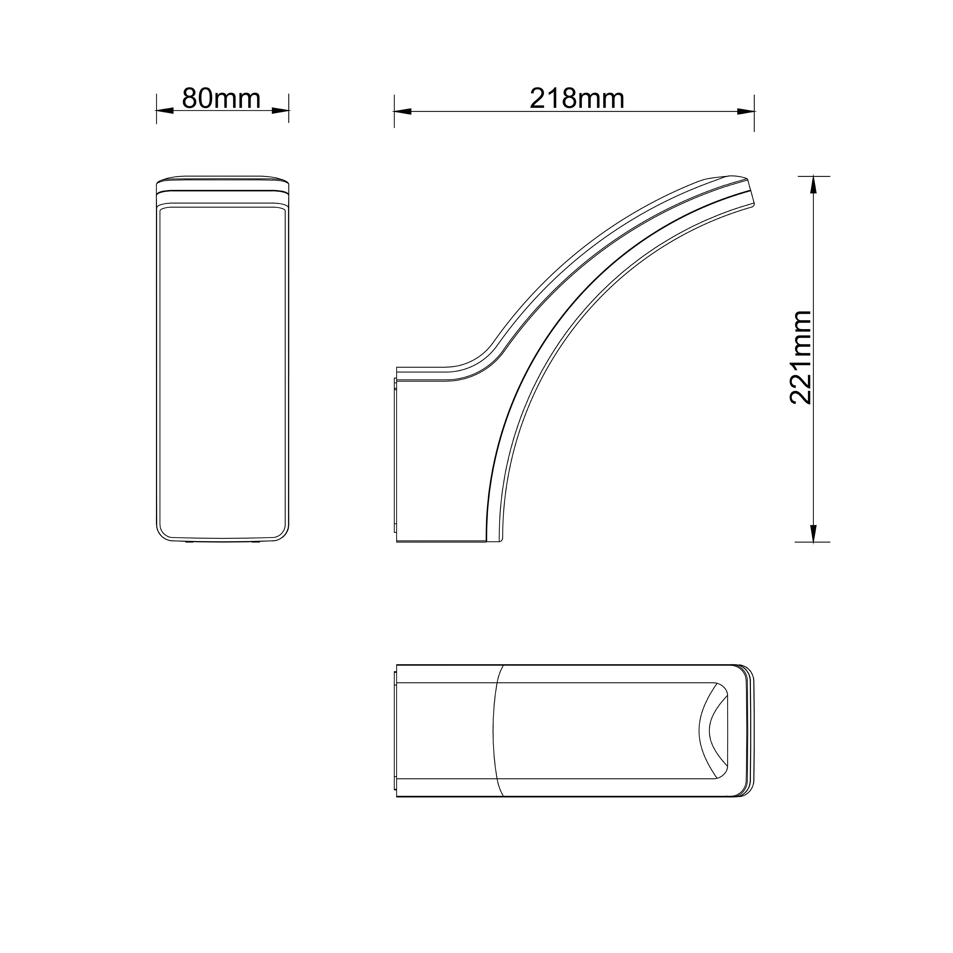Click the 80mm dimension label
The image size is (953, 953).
click(x=221, y=99)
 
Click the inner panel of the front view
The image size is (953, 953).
click(x=222, y=370)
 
